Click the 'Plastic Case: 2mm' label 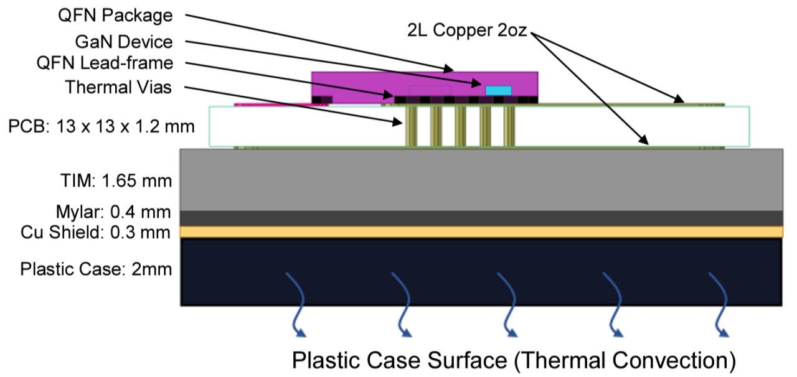[x=96, y=270]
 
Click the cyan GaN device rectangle [x=498, y=91]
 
